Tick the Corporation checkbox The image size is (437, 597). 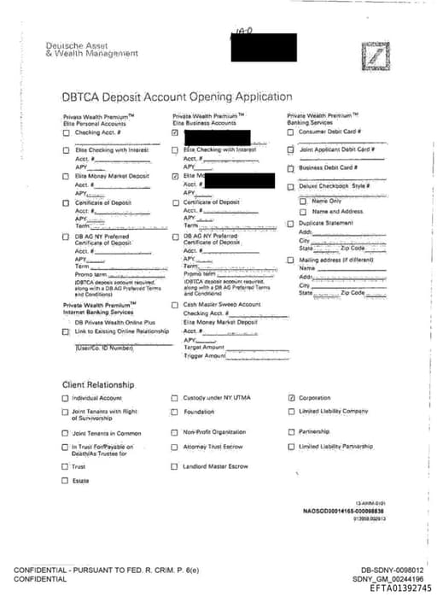[x=292, y=398]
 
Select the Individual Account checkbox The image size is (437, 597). [x=66, y=398]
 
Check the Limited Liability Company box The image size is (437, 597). [x=292, y=412]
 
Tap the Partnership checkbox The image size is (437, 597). [x=292, y=432]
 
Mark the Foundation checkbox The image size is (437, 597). [x=175, y=412]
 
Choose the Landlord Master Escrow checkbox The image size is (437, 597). [x=175, y=466]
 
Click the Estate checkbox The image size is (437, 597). [x=66, y=481]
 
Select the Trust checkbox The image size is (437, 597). [x=66, y=466]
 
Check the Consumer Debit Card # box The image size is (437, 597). [x=290, y=132]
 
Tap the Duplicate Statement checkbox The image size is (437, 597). [x=290, y=223]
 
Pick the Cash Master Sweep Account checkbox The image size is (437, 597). [x=175, y=304]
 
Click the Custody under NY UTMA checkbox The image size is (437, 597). [x=175, y=398]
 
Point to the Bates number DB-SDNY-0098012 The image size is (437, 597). [x=392, y=570]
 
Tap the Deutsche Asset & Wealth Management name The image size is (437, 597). [x=91, y=49]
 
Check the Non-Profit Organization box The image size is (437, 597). [x=175, y=432]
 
